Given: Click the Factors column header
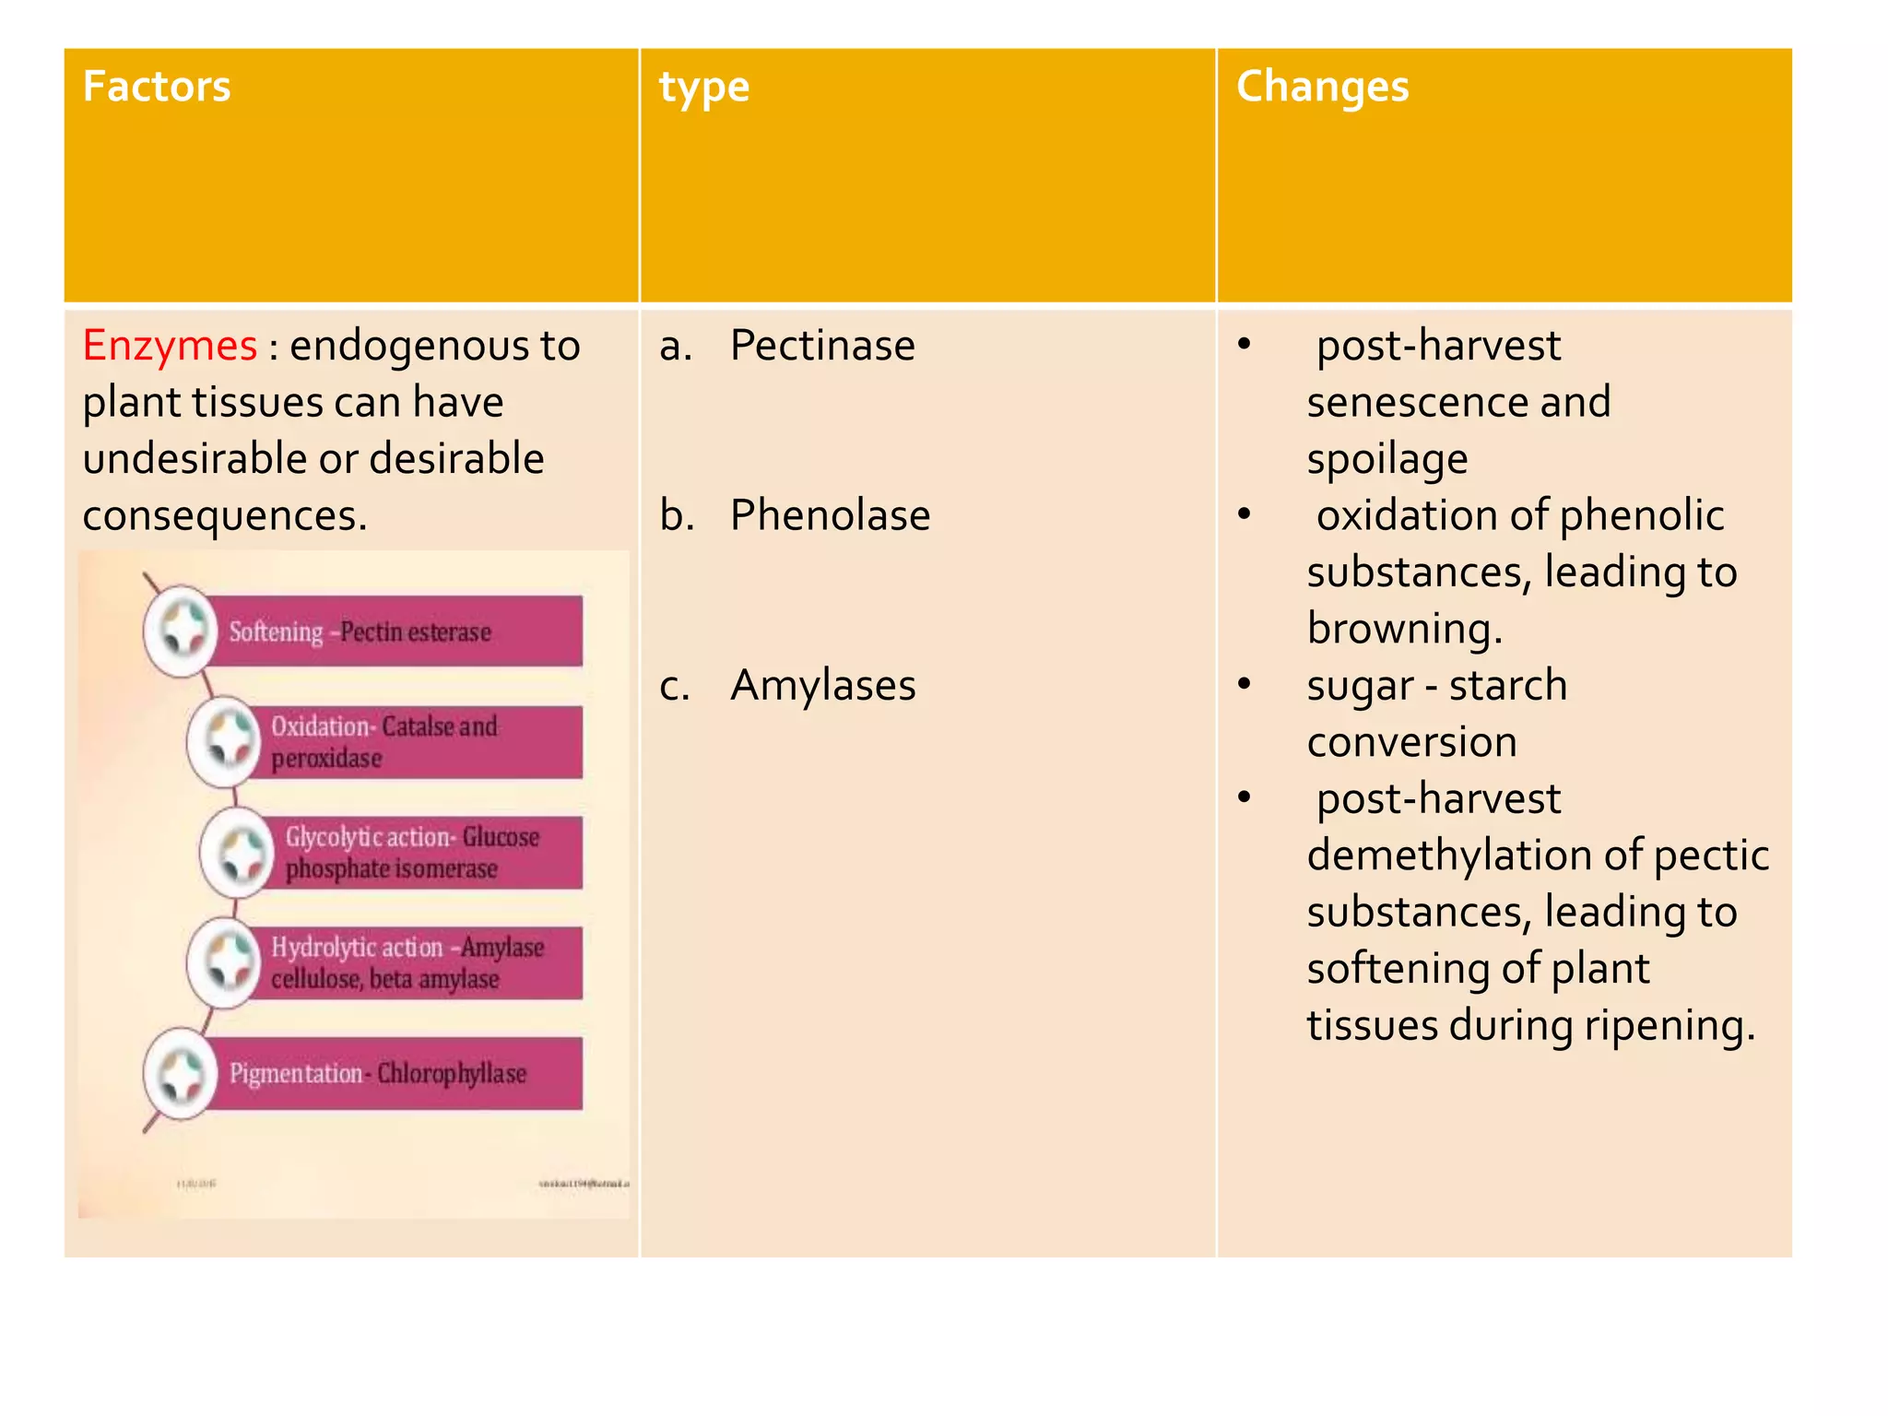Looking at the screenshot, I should click(157, 88).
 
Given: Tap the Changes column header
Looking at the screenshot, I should click(1322, 88).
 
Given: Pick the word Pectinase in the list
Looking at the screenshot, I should click(822, 347).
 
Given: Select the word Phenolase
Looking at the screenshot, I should click(830, 516).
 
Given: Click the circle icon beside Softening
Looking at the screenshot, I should click(182, 631).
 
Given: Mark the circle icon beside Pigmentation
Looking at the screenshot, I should click(182, 1074).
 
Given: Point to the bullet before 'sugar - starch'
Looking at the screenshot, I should click(1244, 684).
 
